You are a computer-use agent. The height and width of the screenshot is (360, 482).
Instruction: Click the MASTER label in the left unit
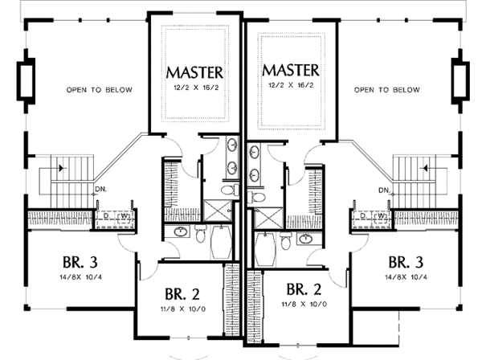(194, 73)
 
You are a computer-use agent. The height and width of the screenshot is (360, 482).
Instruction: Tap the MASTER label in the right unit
(291, 71)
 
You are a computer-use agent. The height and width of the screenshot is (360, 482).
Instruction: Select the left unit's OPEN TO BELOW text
(100, 90)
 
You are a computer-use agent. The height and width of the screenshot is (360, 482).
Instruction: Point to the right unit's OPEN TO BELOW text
(387, 90)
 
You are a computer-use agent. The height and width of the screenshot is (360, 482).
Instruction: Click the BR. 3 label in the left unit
(80, 263)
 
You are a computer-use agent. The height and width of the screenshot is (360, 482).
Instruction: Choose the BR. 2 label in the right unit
(304, 289)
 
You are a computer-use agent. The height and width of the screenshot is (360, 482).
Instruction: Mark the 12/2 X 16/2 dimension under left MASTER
(196, 88)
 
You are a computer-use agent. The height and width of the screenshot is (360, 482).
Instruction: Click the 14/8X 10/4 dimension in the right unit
(406, 277)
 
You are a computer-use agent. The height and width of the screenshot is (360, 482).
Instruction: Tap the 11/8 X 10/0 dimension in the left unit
(183, 309)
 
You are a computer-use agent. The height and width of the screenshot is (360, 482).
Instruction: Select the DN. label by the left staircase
(101, 190)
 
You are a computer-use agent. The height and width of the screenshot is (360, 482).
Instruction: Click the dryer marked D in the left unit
(106, 217)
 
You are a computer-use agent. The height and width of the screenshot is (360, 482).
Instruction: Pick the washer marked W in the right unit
(381, 217)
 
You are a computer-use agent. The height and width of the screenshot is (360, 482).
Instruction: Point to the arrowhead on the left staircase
(63, 168)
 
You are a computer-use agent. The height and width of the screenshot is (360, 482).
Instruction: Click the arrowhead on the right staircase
(426, 168)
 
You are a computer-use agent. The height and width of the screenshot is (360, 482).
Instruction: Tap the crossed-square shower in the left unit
(218, 211)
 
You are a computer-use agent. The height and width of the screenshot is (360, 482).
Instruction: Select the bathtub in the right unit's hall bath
(265, 249)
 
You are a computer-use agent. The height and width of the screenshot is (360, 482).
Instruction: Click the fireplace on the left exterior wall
(26, 80)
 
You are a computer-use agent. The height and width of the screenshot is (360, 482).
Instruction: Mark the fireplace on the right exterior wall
(460, 80)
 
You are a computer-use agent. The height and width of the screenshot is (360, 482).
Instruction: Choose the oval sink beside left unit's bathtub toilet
(182, 231)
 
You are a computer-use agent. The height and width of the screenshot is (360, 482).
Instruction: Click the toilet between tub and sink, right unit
(285, 239)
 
